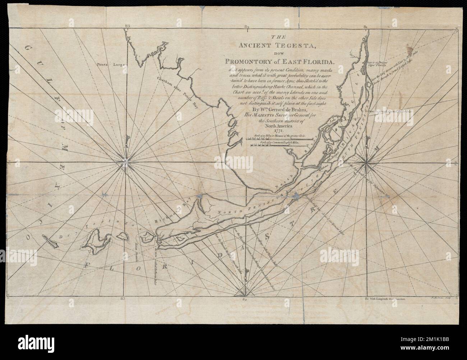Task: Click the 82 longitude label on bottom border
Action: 245,299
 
